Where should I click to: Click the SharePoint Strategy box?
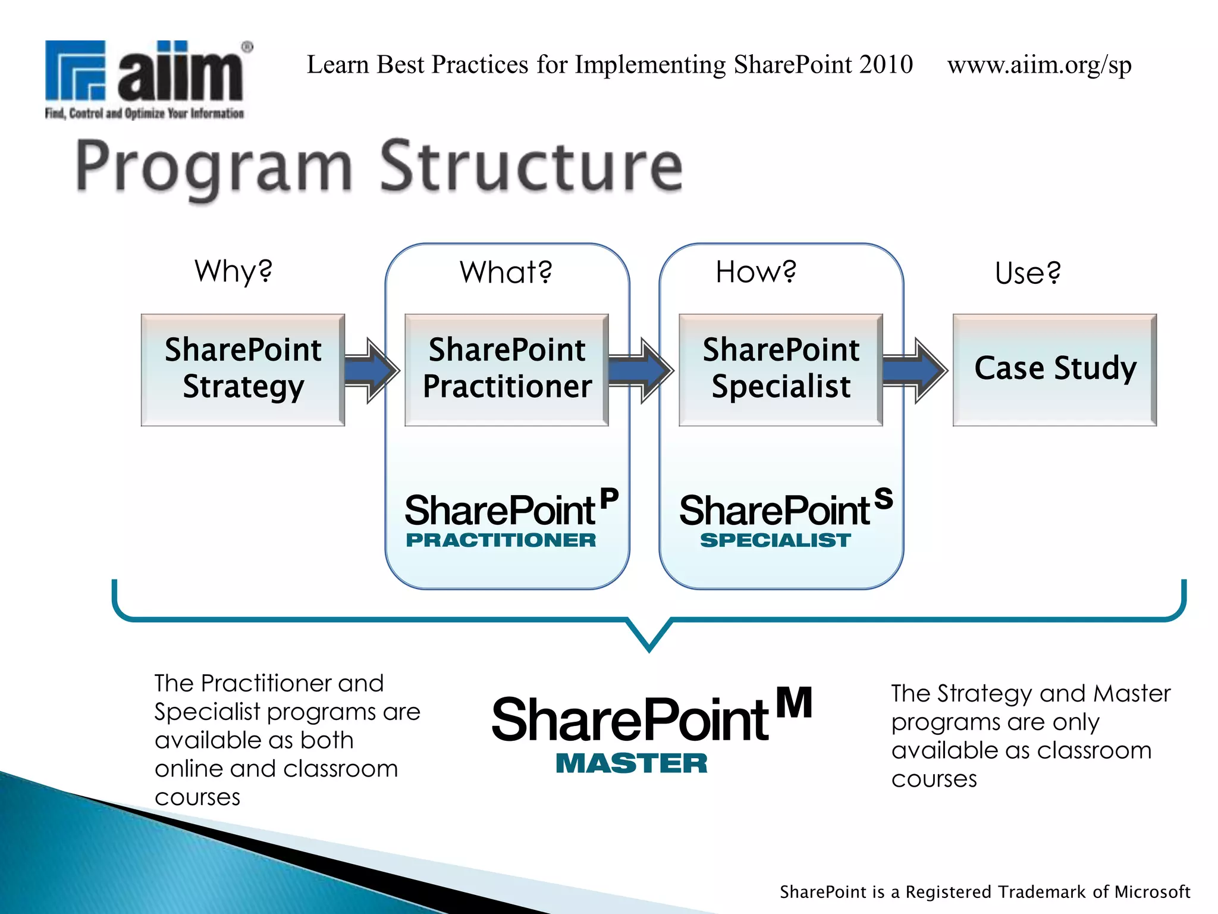[243, 370]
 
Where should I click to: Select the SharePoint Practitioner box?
[507, 370]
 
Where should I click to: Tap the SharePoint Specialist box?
[780, 370]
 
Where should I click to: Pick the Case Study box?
[1054, 370]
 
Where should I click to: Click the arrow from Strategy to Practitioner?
[371, 371]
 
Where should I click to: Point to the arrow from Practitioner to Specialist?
[640, 371]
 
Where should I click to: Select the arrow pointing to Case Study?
[914, 371]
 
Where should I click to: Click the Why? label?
[233, 271]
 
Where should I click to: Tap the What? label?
[506, 273]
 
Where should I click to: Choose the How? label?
[755, 272]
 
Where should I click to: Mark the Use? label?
[1028, 273]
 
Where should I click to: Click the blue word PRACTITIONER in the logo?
[501, 540]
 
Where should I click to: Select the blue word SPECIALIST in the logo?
[776, 540]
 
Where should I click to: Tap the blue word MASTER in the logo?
[632, 763]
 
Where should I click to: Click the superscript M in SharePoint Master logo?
[795, 703]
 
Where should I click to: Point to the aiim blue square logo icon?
[76, 70]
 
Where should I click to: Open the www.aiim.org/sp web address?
[1039, 65]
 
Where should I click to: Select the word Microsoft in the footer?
[1152, 891]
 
